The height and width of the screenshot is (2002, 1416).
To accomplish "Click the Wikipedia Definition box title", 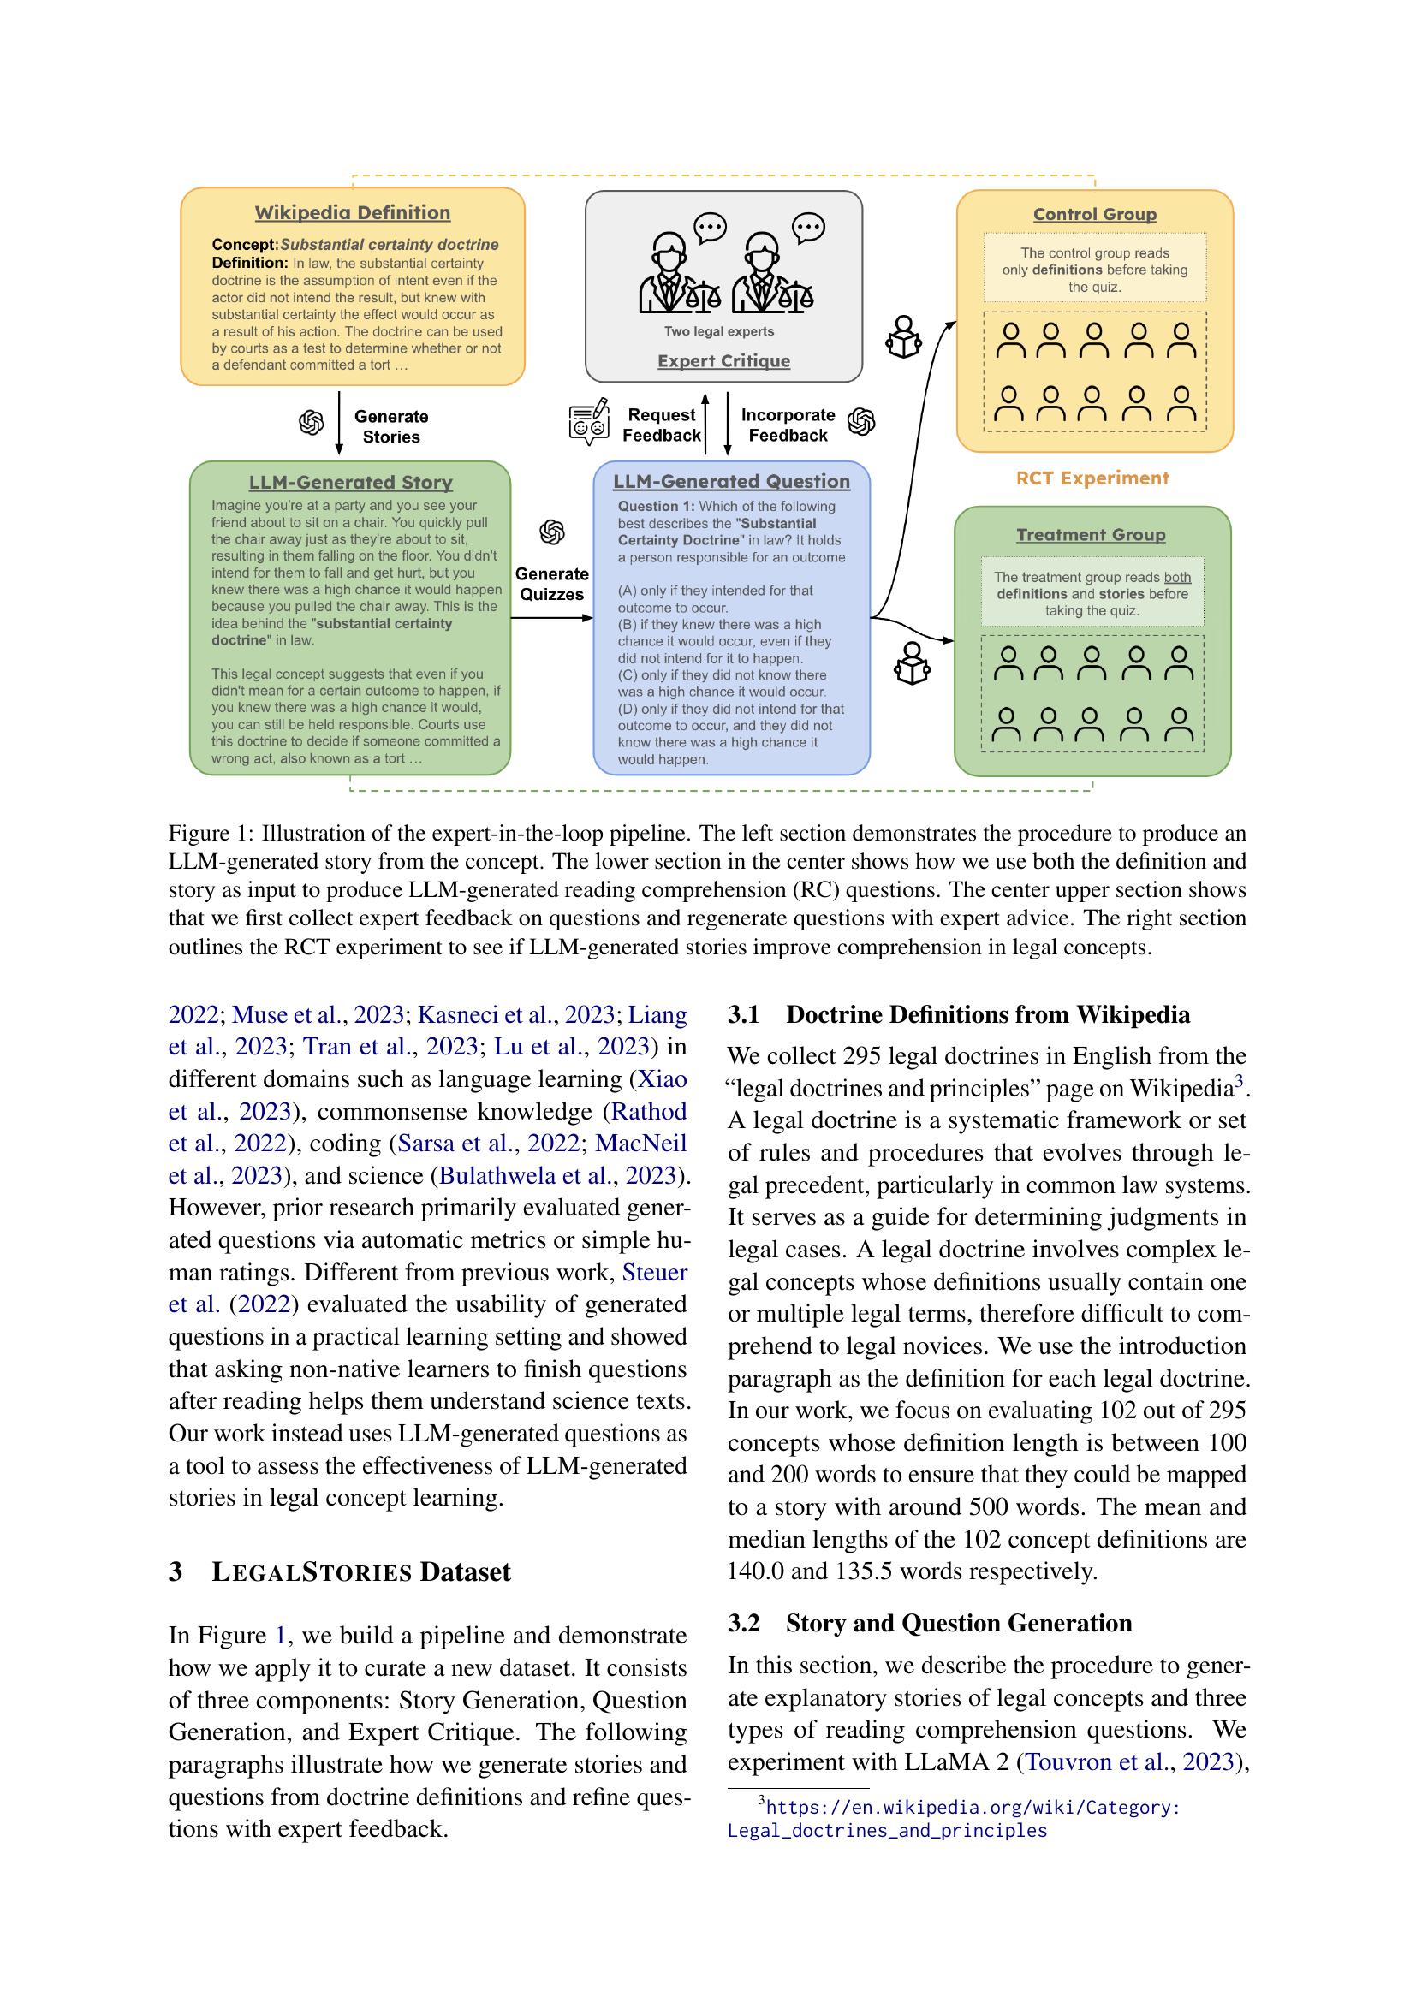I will coord(352,213).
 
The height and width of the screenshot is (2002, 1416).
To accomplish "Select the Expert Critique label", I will coord(723,361).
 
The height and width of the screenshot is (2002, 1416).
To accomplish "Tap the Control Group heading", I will coord(1095,215).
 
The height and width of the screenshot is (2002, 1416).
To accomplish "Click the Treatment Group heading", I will coord(1091,534).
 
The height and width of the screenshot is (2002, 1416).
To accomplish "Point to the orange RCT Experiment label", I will coord(1092,478).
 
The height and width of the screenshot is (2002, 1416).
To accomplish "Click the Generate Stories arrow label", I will coord(390,426).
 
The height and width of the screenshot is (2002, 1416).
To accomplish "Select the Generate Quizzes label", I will coord(552,585).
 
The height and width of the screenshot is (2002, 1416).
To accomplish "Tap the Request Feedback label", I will coord(662,425).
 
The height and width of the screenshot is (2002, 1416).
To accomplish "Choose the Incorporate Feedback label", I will coord(788,425).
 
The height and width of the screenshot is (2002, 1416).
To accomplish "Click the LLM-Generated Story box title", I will coord(350,482).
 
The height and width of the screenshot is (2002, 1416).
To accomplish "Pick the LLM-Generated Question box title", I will coord(731,481).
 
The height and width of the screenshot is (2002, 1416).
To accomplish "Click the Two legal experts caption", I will coord(719,331).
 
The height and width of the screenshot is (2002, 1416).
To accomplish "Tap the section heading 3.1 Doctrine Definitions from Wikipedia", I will coord(958,1015).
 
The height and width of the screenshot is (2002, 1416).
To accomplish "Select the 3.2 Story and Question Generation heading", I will coord(930,1623).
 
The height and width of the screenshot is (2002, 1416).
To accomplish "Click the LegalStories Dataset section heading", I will coord(339,1572).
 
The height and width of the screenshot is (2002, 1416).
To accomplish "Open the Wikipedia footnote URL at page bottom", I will coord(955,1818).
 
